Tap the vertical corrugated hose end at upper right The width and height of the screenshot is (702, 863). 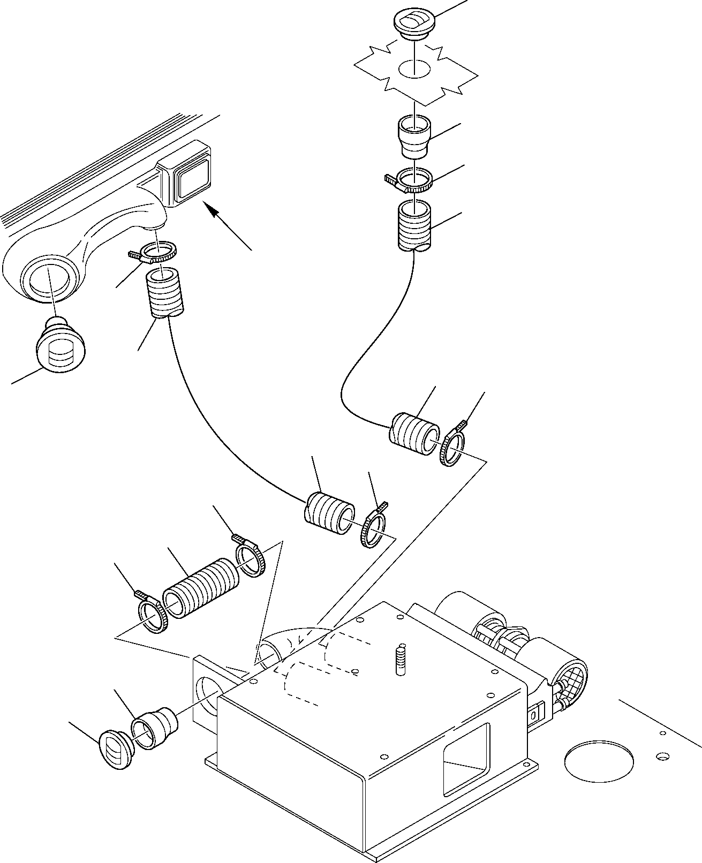[415, 225]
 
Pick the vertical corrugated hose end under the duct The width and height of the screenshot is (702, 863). [165, 294]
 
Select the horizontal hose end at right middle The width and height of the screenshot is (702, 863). [413, 434]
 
